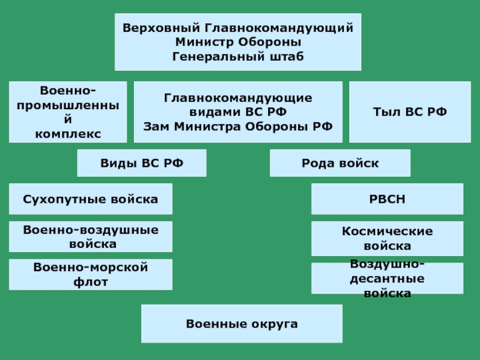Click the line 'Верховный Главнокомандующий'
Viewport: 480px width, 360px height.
click(x=238, y=28)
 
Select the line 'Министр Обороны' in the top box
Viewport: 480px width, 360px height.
click(x=238, y=43)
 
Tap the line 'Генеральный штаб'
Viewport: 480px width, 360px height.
click(x=238, y=57)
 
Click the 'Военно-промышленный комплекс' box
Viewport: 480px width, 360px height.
click(x=68, y=112)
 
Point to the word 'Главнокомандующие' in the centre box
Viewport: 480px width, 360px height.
click(x=238, y=98)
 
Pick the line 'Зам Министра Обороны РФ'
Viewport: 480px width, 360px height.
click(x=238, y=127)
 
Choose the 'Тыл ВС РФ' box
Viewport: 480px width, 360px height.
click(x=410, y=112)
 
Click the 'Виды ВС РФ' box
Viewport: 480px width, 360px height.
click(x=142, y=163)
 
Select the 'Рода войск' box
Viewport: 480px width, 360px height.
click(x=340, y=163)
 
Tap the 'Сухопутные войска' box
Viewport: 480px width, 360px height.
click(x=91, y=199)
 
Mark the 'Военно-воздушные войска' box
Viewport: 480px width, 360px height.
click(x=91, y=236)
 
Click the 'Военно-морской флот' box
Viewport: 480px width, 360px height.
click(x=91, y=274)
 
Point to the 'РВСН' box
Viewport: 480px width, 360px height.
click(x=387, y=199)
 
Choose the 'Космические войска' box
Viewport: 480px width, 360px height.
click(x=387, y=238)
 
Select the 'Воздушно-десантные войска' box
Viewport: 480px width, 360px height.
click(x=387, y=278)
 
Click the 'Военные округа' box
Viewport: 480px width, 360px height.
click(x=242, y=323)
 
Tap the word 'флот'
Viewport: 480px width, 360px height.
click(x=92, y=281)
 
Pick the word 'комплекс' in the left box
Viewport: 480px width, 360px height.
click(x=68, y=133)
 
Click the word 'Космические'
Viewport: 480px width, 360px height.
click(x=387, y=231)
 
